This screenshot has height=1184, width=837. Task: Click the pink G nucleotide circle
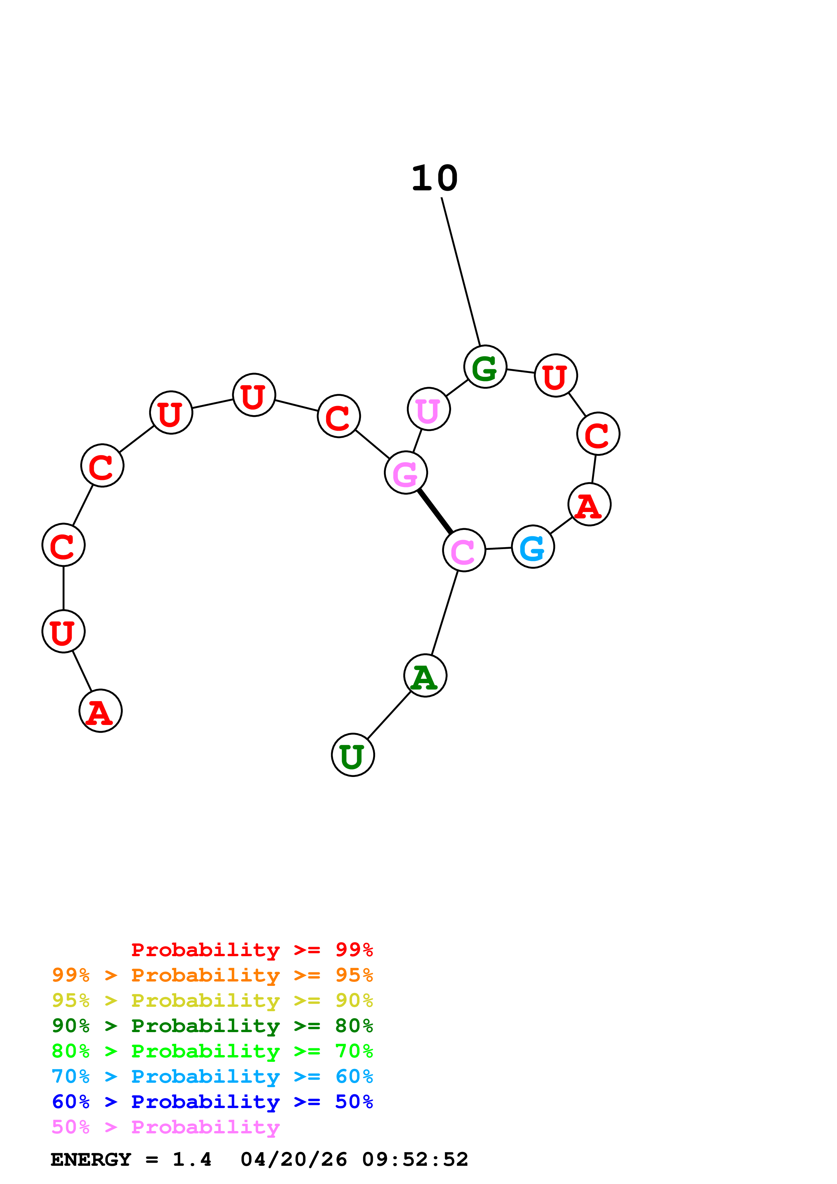[406, 473]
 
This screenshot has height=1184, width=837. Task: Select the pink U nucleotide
[428, 409]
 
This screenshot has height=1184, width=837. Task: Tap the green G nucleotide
[485, 367]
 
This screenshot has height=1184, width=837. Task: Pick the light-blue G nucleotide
[533, 547]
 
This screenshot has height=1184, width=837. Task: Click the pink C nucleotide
[464, 550]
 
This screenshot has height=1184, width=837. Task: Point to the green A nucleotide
[425, 676]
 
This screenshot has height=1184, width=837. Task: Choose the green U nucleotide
[353, 755]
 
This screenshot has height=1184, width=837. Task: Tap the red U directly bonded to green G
[555, 376]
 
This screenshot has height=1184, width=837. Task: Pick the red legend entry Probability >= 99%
[252, 950]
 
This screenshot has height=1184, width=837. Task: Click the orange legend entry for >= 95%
[212, 975]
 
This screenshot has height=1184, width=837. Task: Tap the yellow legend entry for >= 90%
[212, 1000]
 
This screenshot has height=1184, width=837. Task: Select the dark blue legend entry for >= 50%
[212, 1102]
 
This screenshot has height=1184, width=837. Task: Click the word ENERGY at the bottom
[91, 1159]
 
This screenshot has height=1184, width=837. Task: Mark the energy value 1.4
[192, 1159]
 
